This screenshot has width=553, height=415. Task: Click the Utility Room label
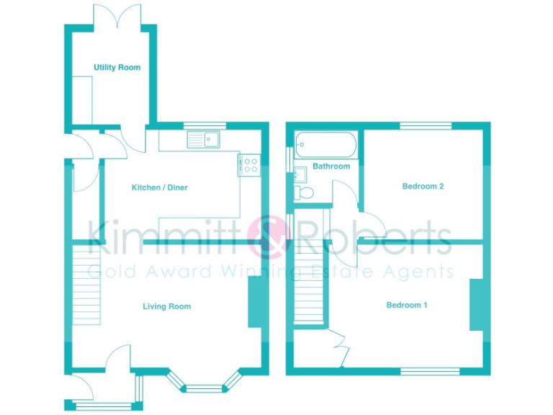pos(117,68)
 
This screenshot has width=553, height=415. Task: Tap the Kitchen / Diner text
pos(159,188)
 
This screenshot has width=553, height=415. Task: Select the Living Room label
pos(166,306)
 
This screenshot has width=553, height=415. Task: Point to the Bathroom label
pos(331,166)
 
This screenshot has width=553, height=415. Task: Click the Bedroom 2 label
pos(423,186)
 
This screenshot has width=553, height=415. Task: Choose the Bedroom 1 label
pos(407,305)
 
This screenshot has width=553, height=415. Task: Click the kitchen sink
pos(205,138)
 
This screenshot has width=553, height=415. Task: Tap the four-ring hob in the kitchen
pos(249,165)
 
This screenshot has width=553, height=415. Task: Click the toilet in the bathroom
pos(303,192)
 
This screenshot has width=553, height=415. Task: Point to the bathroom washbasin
pos(300,174)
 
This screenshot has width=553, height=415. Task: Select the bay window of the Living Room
pos(204,384)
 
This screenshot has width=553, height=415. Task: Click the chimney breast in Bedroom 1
pos(477,305)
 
